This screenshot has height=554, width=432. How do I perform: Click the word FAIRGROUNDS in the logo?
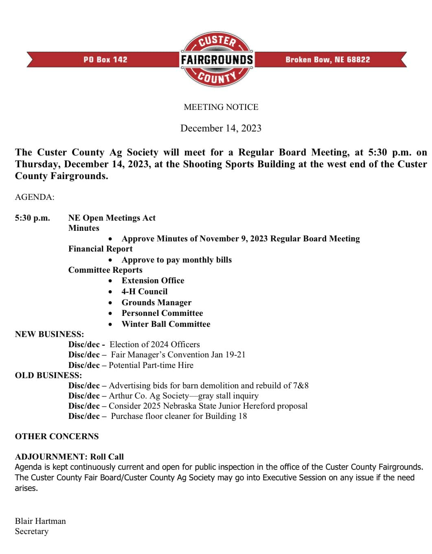(217, 60)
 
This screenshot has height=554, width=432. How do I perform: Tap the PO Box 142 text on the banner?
(105, 60)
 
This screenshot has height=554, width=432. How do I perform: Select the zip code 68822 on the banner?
(359, 60)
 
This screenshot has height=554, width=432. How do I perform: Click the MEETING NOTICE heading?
(221, 107)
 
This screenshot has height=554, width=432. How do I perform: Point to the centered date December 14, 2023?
(221, 128)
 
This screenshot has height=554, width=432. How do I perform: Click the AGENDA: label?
(35, 197)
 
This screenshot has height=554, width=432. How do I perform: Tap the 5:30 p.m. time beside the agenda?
(33, 218)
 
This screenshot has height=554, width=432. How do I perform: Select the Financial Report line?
(101, 249)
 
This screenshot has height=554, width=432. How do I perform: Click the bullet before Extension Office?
(110, 281)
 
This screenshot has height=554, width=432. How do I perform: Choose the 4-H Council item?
(145, 291)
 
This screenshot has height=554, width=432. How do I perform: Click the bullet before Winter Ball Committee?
(110, 324)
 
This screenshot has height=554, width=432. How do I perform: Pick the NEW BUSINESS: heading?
(50, 334)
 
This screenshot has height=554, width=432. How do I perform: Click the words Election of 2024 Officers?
(155, 344)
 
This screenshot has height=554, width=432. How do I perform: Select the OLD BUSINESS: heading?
(48, 375)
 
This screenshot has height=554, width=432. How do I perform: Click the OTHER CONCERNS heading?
(57, 436)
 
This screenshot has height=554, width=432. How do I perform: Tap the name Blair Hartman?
(40, 521)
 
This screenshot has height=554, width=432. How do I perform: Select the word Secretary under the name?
(32, 531)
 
